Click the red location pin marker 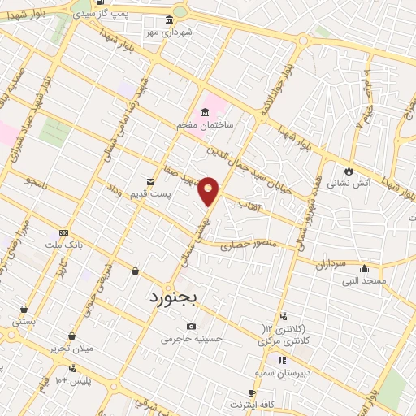coord(209,190)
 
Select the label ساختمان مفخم coord(205,126)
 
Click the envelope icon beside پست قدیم coord(150,182)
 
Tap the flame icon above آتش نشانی coord(349,171)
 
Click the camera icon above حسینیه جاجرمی coord(192,327)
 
